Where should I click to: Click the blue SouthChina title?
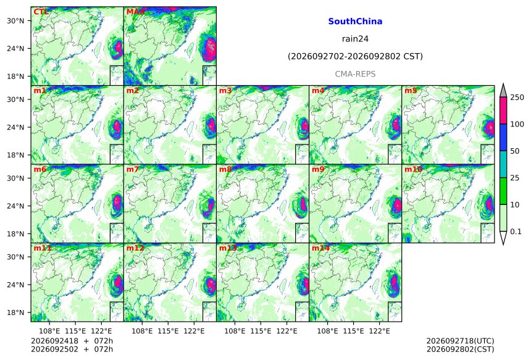coord(355,22)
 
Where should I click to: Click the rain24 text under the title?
coord(355,39)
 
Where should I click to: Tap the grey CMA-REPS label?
coord(355,74)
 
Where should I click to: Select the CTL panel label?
coord(41,12)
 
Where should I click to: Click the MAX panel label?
coord(135,12)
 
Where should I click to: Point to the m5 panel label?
coord(411,91)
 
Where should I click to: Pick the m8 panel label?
coord(225,169)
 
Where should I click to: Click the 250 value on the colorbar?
coord(517,98)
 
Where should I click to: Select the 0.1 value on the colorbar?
coord(516,232)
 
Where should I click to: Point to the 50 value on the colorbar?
coord(515,151)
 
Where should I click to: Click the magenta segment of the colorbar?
coord(503,111)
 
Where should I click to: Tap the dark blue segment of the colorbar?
coord(503,138)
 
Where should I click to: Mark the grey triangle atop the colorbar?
coord(503,91)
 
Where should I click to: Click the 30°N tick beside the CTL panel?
coord(15,21)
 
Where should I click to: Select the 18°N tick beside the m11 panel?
coord(15,312)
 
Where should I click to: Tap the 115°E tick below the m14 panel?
coord(353,331)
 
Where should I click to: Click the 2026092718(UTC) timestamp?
coord(460,341)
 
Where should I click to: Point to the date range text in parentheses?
coord(355,56)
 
